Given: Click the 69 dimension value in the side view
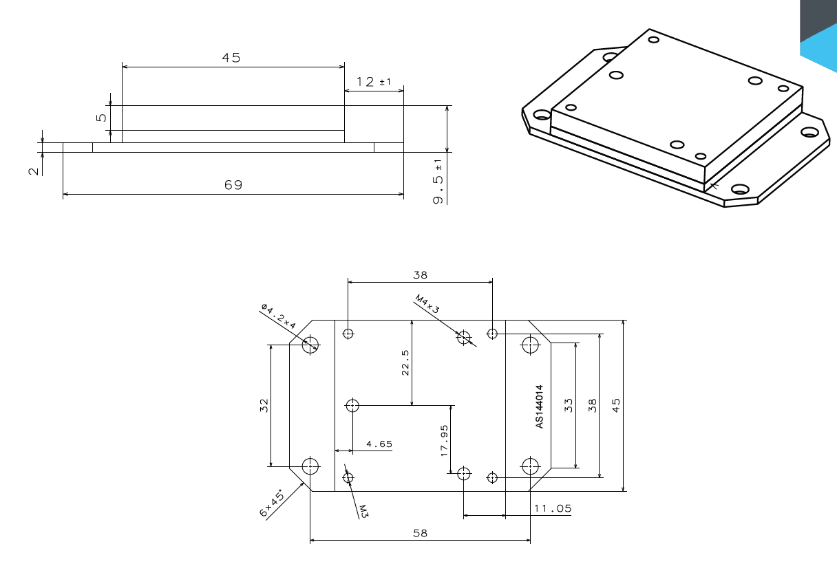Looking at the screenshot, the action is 233,185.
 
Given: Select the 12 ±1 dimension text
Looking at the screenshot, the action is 373,82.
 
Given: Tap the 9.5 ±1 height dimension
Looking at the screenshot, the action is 438,182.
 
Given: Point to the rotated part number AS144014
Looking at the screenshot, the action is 539,407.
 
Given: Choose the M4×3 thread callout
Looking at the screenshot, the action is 427,304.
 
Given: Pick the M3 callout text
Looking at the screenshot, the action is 364,510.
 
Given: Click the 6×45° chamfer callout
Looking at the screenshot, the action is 272,504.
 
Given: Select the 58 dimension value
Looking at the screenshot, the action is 420,533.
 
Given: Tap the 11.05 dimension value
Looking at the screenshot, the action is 553,508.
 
